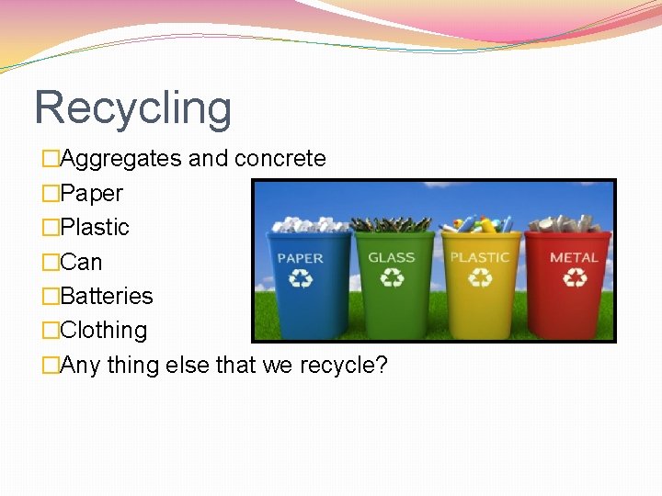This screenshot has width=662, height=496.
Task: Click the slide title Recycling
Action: point(132,107)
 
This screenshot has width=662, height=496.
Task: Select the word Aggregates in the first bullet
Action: point(120,159)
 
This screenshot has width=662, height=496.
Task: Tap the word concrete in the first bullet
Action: point(280,159)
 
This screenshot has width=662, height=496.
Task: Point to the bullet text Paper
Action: point(91,194)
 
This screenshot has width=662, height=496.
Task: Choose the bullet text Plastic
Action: point(95,227)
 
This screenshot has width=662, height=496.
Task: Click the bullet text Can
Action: point(81,262)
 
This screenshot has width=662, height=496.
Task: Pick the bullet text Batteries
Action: point(106,296)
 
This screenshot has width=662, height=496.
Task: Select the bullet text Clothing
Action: point(103,330)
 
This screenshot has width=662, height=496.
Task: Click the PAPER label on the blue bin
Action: point(300,258)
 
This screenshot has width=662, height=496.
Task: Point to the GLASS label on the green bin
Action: point(392,257)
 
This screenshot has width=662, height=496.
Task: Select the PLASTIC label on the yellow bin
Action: point(480,258)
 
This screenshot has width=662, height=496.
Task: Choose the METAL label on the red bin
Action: point(574,257)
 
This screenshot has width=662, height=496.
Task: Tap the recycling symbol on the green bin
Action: point(392,276)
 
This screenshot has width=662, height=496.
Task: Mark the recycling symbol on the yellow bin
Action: point(481,277)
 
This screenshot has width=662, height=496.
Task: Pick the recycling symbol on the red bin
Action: point(574,276)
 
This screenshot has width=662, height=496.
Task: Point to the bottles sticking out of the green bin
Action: point(393,223)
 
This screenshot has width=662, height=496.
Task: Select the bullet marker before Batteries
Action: point(51,297)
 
